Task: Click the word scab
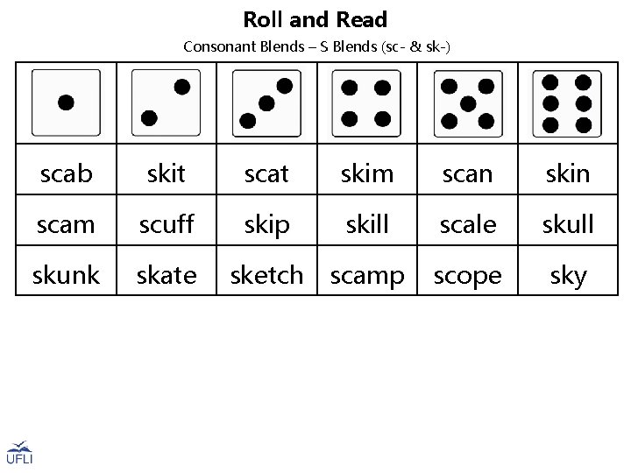(67, 173)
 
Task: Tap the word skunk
(67, 276)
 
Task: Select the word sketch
(266, 276)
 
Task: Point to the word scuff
(167, 225)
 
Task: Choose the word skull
(568, 225)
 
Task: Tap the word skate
(167, 276)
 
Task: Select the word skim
(367, 173)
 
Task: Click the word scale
(468, 225)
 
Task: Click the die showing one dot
(67, 102)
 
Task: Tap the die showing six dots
(567, 102)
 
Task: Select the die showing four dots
(366, 102)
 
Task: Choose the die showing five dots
(467, 102)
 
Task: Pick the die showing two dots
(167, 102)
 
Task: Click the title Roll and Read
(315, 19)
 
